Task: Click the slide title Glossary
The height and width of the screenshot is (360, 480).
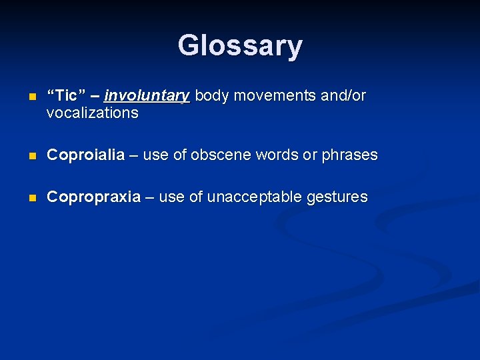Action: pos(240,46)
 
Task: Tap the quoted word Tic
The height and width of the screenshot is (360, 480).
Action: pos(67,96)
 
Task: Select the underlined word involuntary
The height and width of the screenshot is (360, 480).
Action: pos(147,96)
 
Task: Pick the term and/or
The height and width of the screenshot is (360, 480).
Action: pos(343,96)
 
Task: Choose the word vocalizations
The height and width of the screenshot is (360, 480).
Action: pos(93,113)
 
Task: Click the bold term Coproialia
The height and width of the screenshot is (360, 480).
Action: pos(85,155)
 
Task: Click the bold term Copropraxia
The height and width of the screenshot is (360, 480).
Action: pos(93,197)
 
